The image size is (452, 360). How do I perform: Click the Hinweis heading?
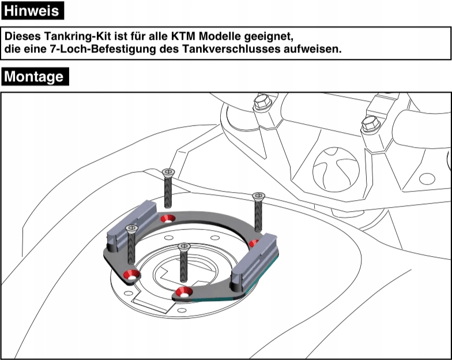click(32, 10)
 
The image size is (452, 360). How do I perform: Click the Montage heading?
click(35, 76)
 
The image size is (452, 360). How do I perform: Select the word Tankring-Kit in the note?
click(78, 36)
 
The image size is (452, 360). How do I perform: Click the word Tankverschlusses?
click(231, 49)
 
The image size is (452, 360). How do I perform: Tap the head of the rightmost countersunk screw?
click(258, 196)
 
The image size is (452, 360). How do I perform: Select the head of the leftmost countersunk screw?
click(131, 228)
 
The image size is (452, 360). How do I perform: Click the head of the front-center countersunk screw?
click(184, 246)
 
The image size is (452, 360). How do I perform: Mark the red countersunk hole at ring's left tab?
click(131, 275)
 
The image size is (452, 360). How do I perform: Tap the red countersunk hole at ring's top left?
click(168, 218)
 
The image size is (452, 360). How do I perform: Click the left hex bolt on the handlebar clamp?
click(262, 102)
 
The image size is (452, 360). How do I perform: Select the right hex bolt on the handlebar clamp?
click(370, 123)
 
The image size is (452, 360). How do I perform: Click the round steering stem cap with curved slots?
click(336, 169)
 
